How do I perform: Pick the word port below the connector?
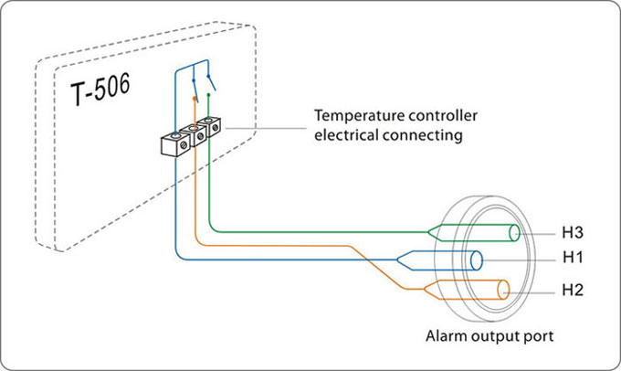(x=535, y=336)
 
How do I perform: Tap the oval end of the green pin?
(x=517, y=232)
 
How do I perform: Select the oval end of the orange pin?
(x=504, y=291)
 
